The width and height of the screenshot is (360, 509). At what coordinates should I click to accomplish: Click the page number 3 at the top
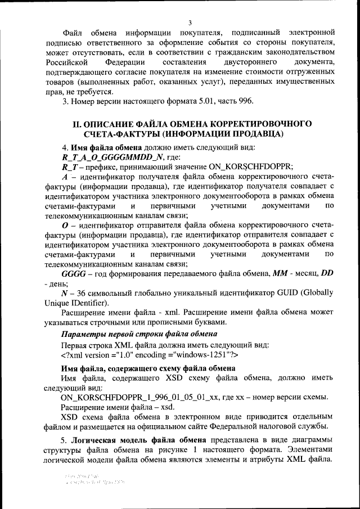click(190, 22)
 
